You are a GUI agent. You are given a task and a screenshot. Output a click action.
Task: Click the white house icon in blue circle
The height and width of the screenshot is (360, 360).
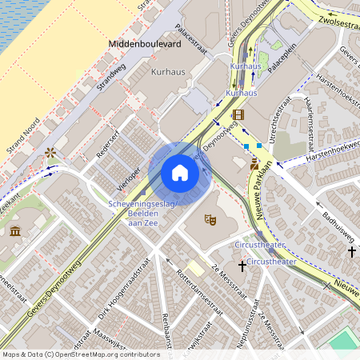tap(180, 172)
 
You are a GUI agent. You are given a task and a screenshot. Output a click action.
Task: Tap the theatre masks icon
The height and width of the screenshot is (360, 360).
tap(210, 218)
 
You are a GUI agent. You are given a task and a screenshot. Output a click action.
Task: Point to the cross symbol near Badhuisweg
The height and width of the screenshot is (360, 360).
tap(351, 252)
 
